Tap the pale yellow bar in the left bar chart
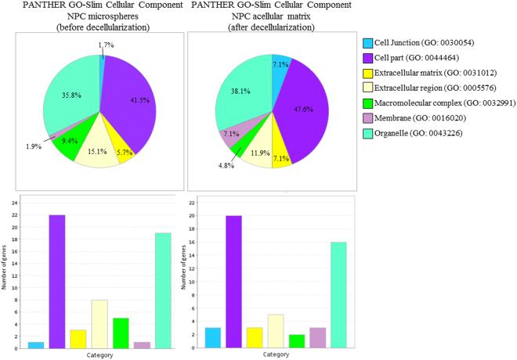click(100, 319)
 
